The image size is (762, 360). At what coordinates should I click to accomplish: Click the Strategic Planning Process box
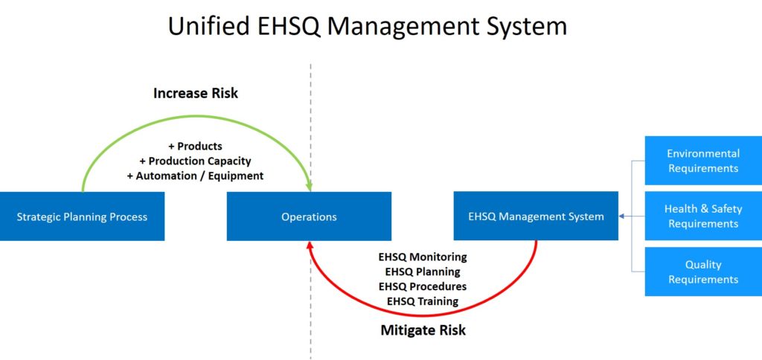click(82, 216)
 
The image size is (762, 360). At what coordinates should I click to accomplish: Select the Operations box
click(309, 216)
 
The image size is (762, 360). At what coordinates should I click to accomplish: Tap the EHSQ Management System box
click(536, 216)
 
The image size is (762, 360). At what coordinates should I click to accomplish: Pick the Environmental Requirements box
click(703, 161)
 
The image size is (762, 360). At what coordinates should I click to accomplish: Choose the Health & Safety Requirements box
click(703, 216)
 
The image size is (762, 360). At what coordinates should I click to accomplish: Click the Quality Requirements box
click(703, 271)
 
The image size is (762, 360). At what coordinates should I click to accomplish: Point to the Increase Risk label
click(196, 93)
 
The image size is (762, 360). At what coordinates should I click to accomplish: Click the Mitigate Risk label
click(423, 330)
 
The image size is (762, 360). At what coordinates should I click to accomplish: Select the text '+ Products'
click(196, 147)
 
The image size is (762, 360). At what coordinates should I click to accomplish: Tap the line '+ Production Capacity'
click(196, 161)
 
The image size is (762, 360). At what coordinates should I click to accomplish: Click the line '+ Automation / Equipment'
click(196, 176)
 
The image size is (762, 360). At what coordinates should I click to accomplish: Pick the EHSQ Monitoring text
click(423, 257)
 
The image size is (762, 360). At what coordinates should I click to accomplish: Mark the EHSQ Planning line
click(423, 271)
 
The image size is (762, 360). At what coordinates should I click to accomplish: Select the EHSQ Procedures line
click(423, 286)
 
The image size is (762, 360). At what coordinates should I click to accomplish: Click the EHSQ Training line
click(423, 300)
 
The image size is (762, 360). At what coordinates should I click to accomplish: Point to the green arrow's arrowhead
click(307, 186)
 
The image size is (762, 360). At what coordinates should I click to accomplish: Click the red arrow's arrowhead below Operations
click(309, 246)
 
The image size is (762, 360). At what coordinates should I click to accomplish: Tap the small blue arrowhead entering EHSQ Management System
click(622, 216)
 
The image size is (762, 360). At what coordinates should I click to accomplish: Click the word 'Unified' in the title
click(207, 25)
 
